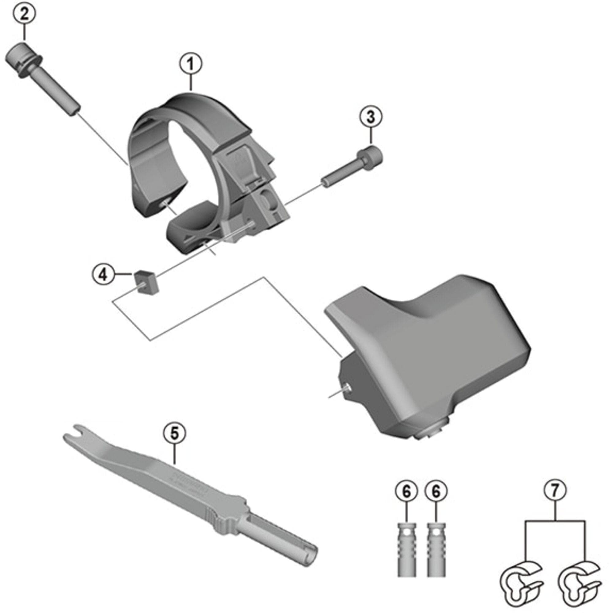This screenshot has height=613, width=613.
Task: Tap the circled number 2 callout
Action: tap(24, 14)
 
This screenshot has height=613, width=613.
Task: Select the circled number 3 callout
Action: tap(371, 117)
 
